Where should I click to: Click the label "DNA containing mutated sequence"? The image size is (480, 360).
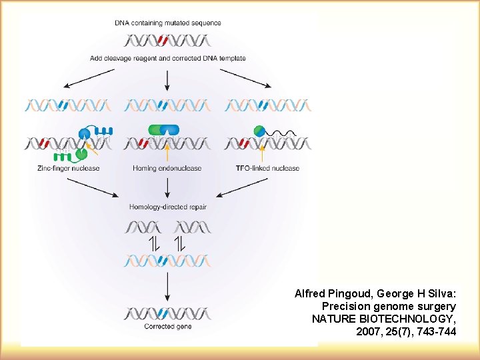click(167, 23)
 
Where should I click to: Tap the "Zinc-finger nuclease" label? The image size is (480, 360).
click(69, 168)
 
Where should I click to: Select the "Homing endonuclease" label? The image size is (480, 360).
click(167, 168)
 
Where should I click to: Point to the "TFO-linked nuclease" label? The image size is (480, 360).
click(267, 168)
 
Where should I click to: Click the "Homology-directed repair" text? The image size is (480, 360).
click(167, 207)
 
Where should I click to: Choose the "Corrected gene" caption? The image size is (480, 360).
click(167, 327)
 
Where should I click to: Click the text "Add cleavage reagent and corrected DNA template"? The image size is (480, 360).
click(167, 58)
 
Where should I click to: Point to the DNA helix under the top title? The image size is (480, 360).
click(167, 40)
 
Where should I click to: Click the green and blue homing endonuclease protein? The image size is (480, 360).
click(164, 130)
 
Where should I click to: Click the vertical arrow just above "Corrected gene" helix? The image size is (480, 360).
click(167, 286)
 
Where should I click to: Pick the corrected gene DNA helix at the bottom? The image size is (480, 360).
click(167, 313)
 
